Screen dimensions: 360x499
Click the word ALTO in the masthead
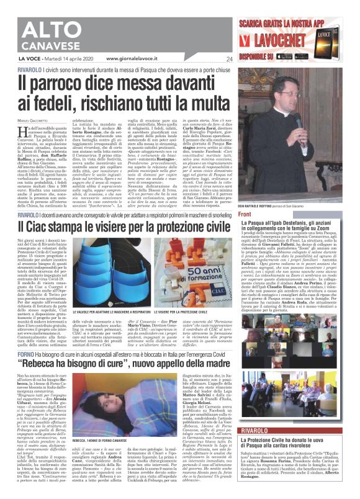pyautogui.click(x=42, y=19)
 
